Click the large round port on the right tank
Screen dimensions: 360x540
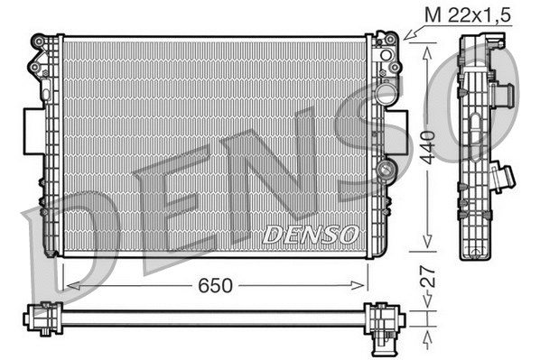coord(386,93)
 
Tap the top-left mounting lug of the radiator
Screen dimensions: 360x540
coord(41,43)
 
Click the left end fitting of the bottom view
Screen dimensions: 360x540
coord(38,318)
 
